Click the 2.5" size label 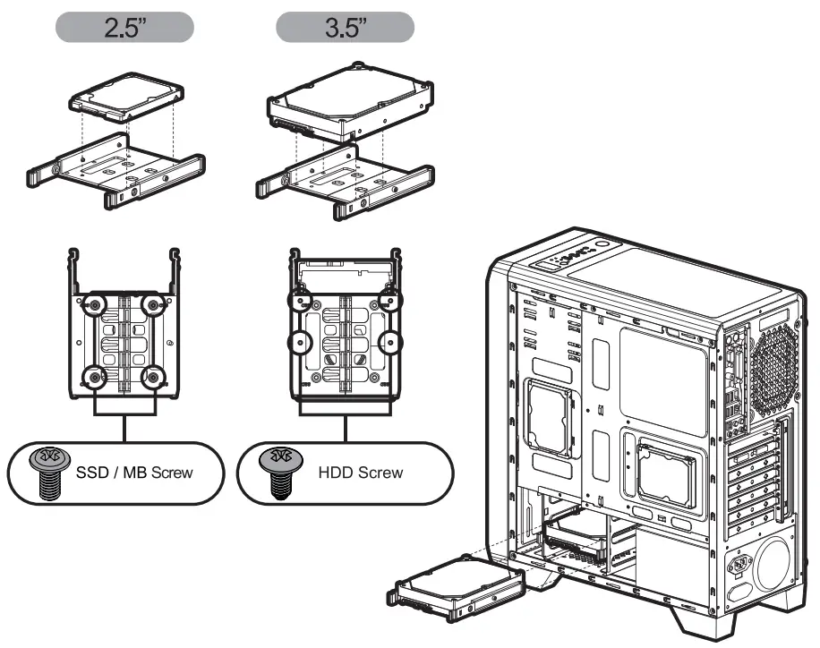pos(124,27)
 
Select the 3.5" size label pos(345,27)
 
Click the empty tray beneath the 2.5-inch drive pos(116,170)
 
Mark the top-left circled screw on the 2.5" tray pos(93,305)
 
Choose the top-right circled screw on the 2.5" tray pos(155,305)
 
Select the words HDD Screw pos(360,472)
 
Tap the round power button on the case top pos(602,243)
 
